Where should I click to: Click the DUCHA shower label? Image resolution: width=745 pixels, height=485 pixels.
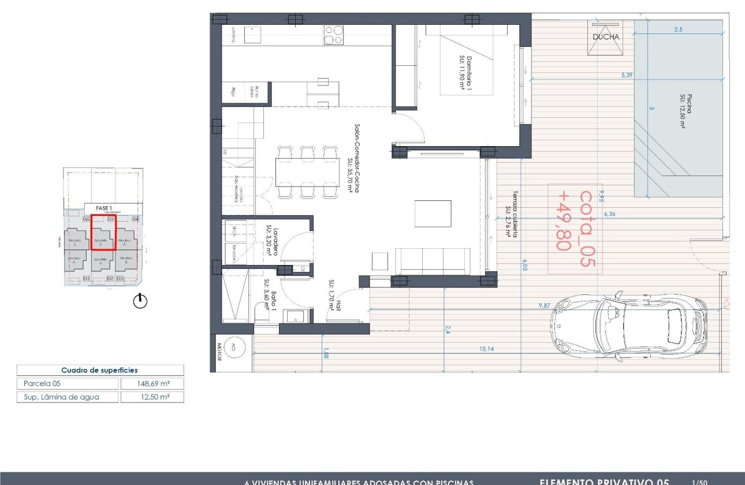(x=605, y=37)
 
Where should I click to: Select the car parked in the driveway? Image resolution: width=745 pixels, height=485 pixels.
(x=628, y=327)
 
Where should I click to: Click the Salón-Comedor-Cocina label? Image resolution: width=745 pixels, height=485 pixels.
(x=353, y=165)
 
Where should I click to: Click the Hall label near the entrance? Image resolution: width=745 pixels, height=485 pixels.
(x=336, y=296)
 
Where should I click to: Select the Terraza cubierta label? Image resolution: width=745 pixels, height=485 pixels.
(x=511, y=215)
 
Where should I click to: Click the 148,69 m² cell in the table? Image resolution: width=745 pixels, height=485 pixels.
(x=152, y=383)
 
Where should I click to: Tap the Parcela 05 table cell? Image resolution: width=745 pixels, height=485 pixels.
(x=68, y=383)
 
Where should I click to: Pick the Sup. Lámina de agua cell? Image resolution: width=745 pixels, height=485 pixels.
(x=68, y=397)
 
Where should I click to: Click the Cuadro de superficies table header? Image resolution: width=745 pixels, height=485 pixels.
(x=100, y=370)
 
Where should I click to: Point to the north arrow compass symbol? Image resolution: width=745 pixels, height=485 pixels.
(x=140, y=301)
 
